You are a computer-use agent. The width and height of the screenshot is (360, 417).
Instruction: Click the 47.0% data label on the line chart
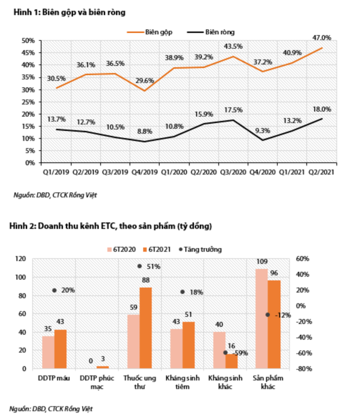click(x=322, y=38)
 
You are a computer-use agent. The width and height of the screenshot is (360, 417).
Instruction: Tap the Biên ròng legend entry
click(x=217, y=32)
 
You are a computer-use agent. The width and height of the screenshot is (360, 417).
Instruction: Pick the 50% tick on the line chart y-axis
click(x=28, y=40)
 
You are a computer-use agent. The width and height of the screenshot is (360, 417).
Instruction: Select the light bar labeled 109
click(x=262, y=318)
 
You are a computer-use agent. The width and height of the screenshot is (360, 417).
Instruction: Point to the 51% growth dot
click(x=139, y=266)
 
